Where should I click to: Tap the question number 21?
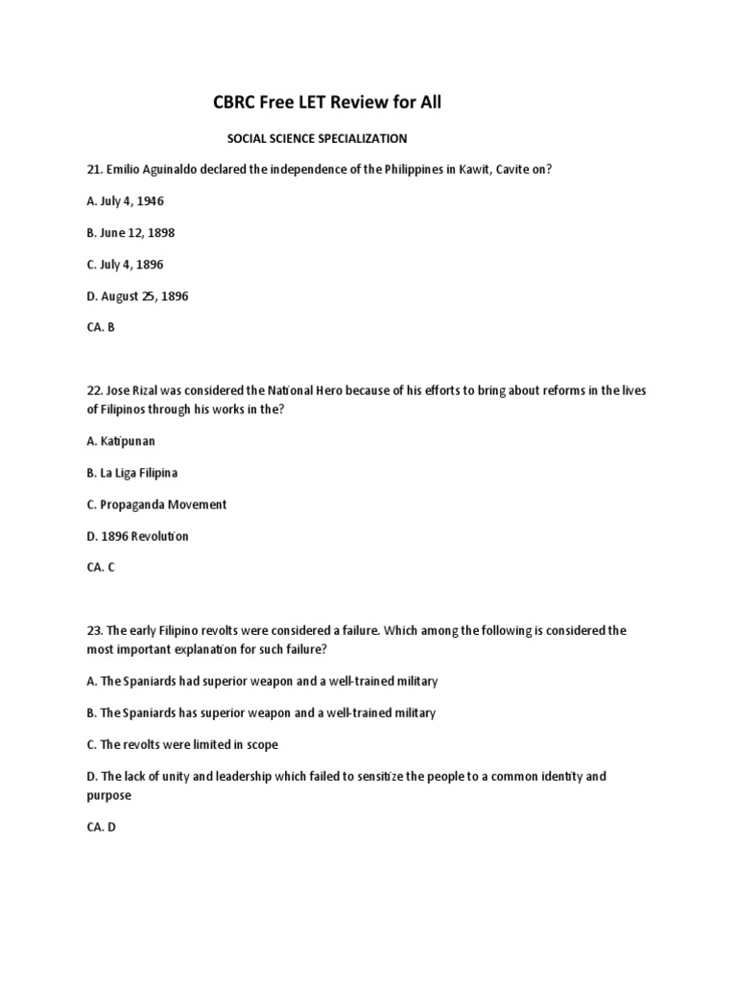(94, 170)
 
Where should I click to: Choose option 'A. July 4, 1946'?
(125, 201)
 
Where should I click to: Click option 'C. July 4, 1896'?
(125, 265)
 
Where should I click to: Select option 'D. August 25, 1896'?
(137, 296)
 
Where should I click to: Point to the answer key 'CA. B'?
(101, 327)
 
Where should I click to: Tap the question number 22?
(94, 392)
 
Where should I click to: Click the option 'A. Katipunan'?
(121, 441)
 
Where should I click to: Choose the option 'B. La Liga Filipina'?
(132, 473)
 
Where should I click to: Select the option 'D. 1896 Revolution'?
(137, 536)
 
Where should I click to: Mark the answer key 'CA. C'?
(101, 568)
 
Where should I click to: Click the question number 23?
(94, 631)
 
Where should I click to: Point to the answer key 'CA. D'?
(101, 827)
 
